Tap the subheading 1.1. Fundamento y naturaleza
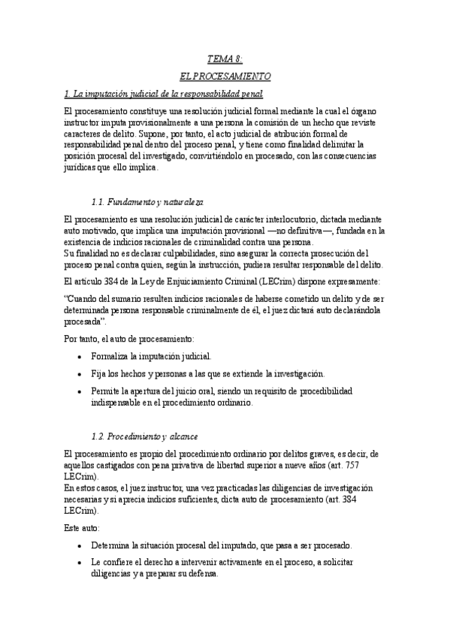(x=146, y=202)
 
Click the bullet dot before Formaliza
(x=80, y=356)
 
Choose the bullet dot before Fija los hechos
(x=80, y=373)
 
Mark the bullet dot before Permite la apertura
(x=80, y=391)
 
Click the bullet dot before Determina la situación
(x=80, y=545)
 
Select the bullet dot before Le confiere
(x=80, y=563)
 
